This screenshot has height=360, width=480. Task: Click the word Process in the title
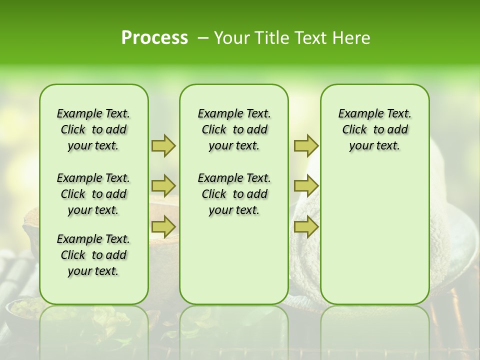point(154,37)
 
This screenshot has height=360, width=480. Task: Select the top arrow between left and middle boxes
point(163,146)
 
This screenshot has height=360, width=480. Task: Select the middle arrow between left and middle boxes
point(163,186)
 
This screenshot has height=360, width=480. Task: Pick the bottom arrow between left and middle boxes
point(163,227)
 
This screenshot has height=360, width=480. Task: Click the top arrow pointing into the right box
point(306,146)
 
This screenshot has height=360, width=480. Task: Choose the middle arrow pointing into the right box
point(306,186)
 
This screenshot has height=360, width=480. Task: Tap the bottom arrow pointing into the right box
point(306,227)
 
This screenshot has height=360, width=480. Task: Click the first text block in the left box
point(93,129)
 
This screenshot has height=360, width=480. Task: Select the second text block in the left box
point(93,194)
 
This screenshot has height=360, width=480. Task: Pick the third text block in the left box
point(93,255)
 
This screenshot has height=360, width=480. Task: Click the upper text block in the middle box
point(234,129)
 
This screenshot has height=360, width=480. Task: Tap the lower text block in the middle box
point(234,194)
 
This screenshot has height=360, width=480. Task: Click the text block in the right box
point(374,129)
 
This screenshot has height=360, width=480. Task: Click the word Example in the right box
point(356,114)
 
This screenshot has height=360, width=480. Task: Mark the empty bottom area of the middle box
point(234,265)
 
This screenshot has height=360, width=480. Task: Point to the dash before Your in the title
point(203,38)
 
